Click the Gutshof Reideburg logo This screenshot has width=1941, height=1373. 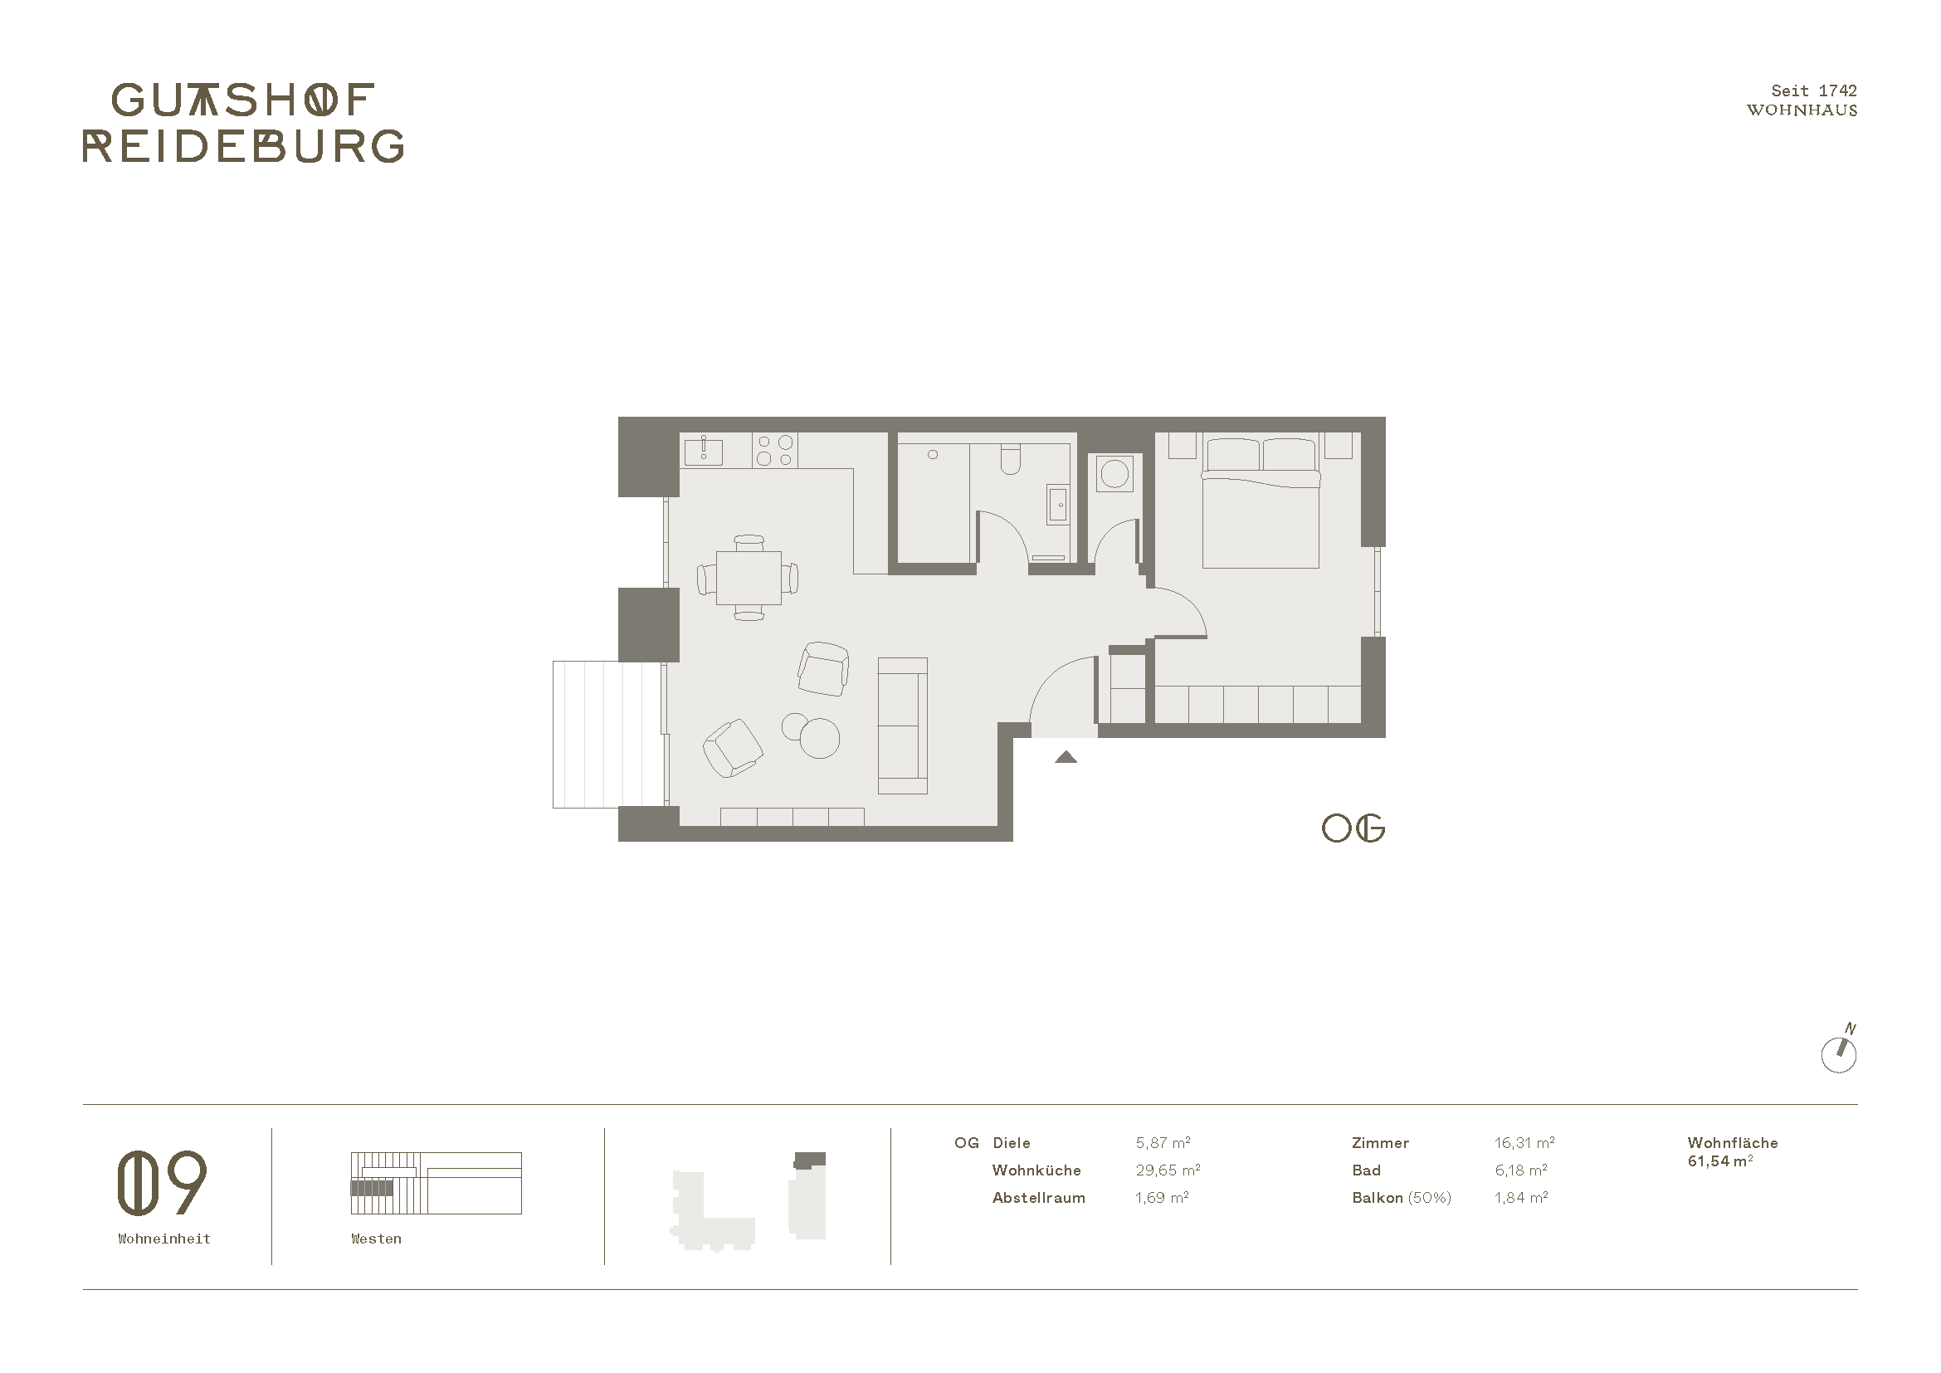point(242,123)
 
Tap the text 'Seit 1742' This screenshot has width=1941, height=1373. point(1814,90)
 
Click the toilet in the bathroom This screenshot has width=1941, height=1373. point(1010,460)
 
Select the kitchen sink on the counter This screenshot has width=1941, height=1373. point(703,450)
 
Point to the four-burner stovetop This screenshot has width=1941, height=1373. point(775,450)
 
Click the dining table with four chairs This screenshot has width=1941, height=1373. point(749,578)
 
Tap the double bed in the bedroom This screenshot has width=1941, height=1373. point(1261,502)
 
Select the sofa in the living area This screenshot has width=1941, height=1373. point(903,726)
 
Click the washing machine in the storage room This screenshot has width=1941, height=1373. point(1115,473)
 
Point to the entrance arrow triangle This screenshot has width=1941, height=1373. point(1066,757)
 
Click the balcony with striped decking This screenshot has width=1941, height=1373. point(607,734)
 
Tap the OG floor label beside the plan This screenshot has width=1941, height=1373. point(1353,828)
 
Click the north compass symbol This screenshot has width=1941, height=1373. point(1839,1051)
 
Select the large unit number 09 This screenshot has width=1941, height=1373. point(162,1182)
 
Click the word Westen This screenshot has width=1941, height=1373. point(376,1239)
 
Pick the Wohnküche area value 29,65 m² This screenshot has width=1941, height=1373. point(1168,1170)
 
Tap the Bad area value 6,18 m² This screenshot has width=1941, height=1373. point(1521,1170)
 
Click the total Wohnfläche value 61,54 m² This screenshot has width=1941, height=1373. point(1719,1161)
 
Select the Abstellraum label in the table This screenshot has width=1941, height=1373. point(1039,1198)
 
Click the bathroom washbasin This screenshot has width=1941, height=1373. point(1057,506)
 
